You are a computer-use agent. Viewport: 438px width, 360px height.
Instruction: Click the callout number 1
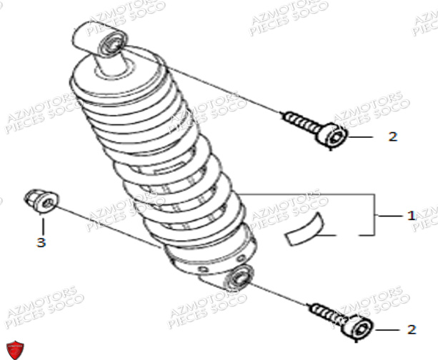tap(410, 215)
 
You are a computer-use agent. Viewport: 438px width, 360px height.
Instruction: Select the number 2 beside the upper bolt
tap(392, 136)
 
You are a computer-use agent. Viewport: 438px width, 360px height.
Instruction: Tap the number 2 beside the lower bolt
tap(411, 329)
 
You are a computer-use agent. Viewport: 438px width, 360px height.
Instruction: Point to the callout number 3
tap(41, 243)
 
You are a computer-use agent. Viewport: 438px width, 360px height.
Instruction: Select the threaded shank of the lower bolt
tap(326, 314)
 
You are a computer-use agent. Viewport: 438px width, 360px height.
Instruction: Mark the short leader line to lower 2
tap(386, 329)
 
